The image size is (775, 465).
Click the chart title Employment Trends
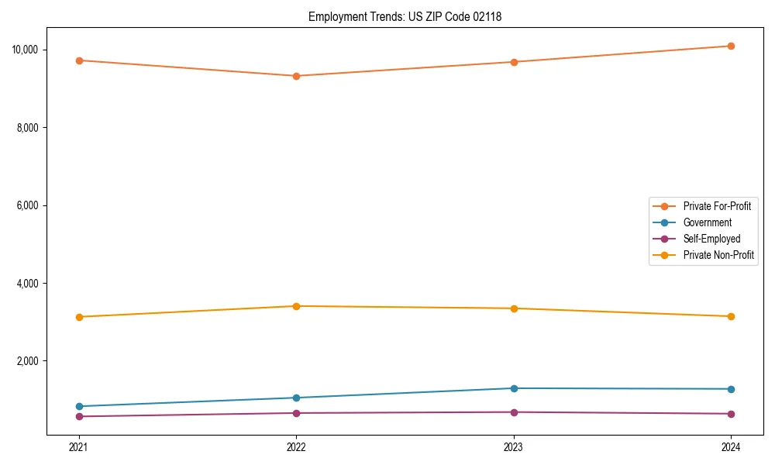pos(405,16)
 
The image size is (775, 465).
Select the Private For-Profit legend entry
pos(717,206)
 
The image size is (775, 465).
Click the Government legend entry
pos(707,222)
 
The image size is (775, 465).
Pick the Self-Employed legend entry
pos(711,239)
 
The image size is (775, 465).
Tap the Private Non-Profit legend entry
pos(718,255)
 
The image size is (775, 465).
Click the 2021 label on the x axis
pos(78,446)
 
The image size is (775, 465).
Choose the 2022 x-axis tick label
pos(296,446)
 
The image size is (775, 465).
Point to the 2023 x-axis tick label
pos(513,446)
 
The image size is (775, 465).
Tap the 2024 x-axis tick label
pos(731,446)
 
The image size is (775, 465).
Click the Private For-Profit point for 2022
pos(296,76)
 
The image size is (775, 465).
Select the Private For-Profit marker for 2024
pos(731,46)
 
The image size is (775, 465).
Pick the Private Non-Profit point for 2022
pos(296,306)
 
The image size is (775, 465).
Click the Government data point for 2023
pos(513,388)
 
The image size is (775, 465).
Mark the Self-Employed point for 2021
pos(78,416)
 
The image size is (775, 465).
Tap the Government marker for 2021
pos(78,406)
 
